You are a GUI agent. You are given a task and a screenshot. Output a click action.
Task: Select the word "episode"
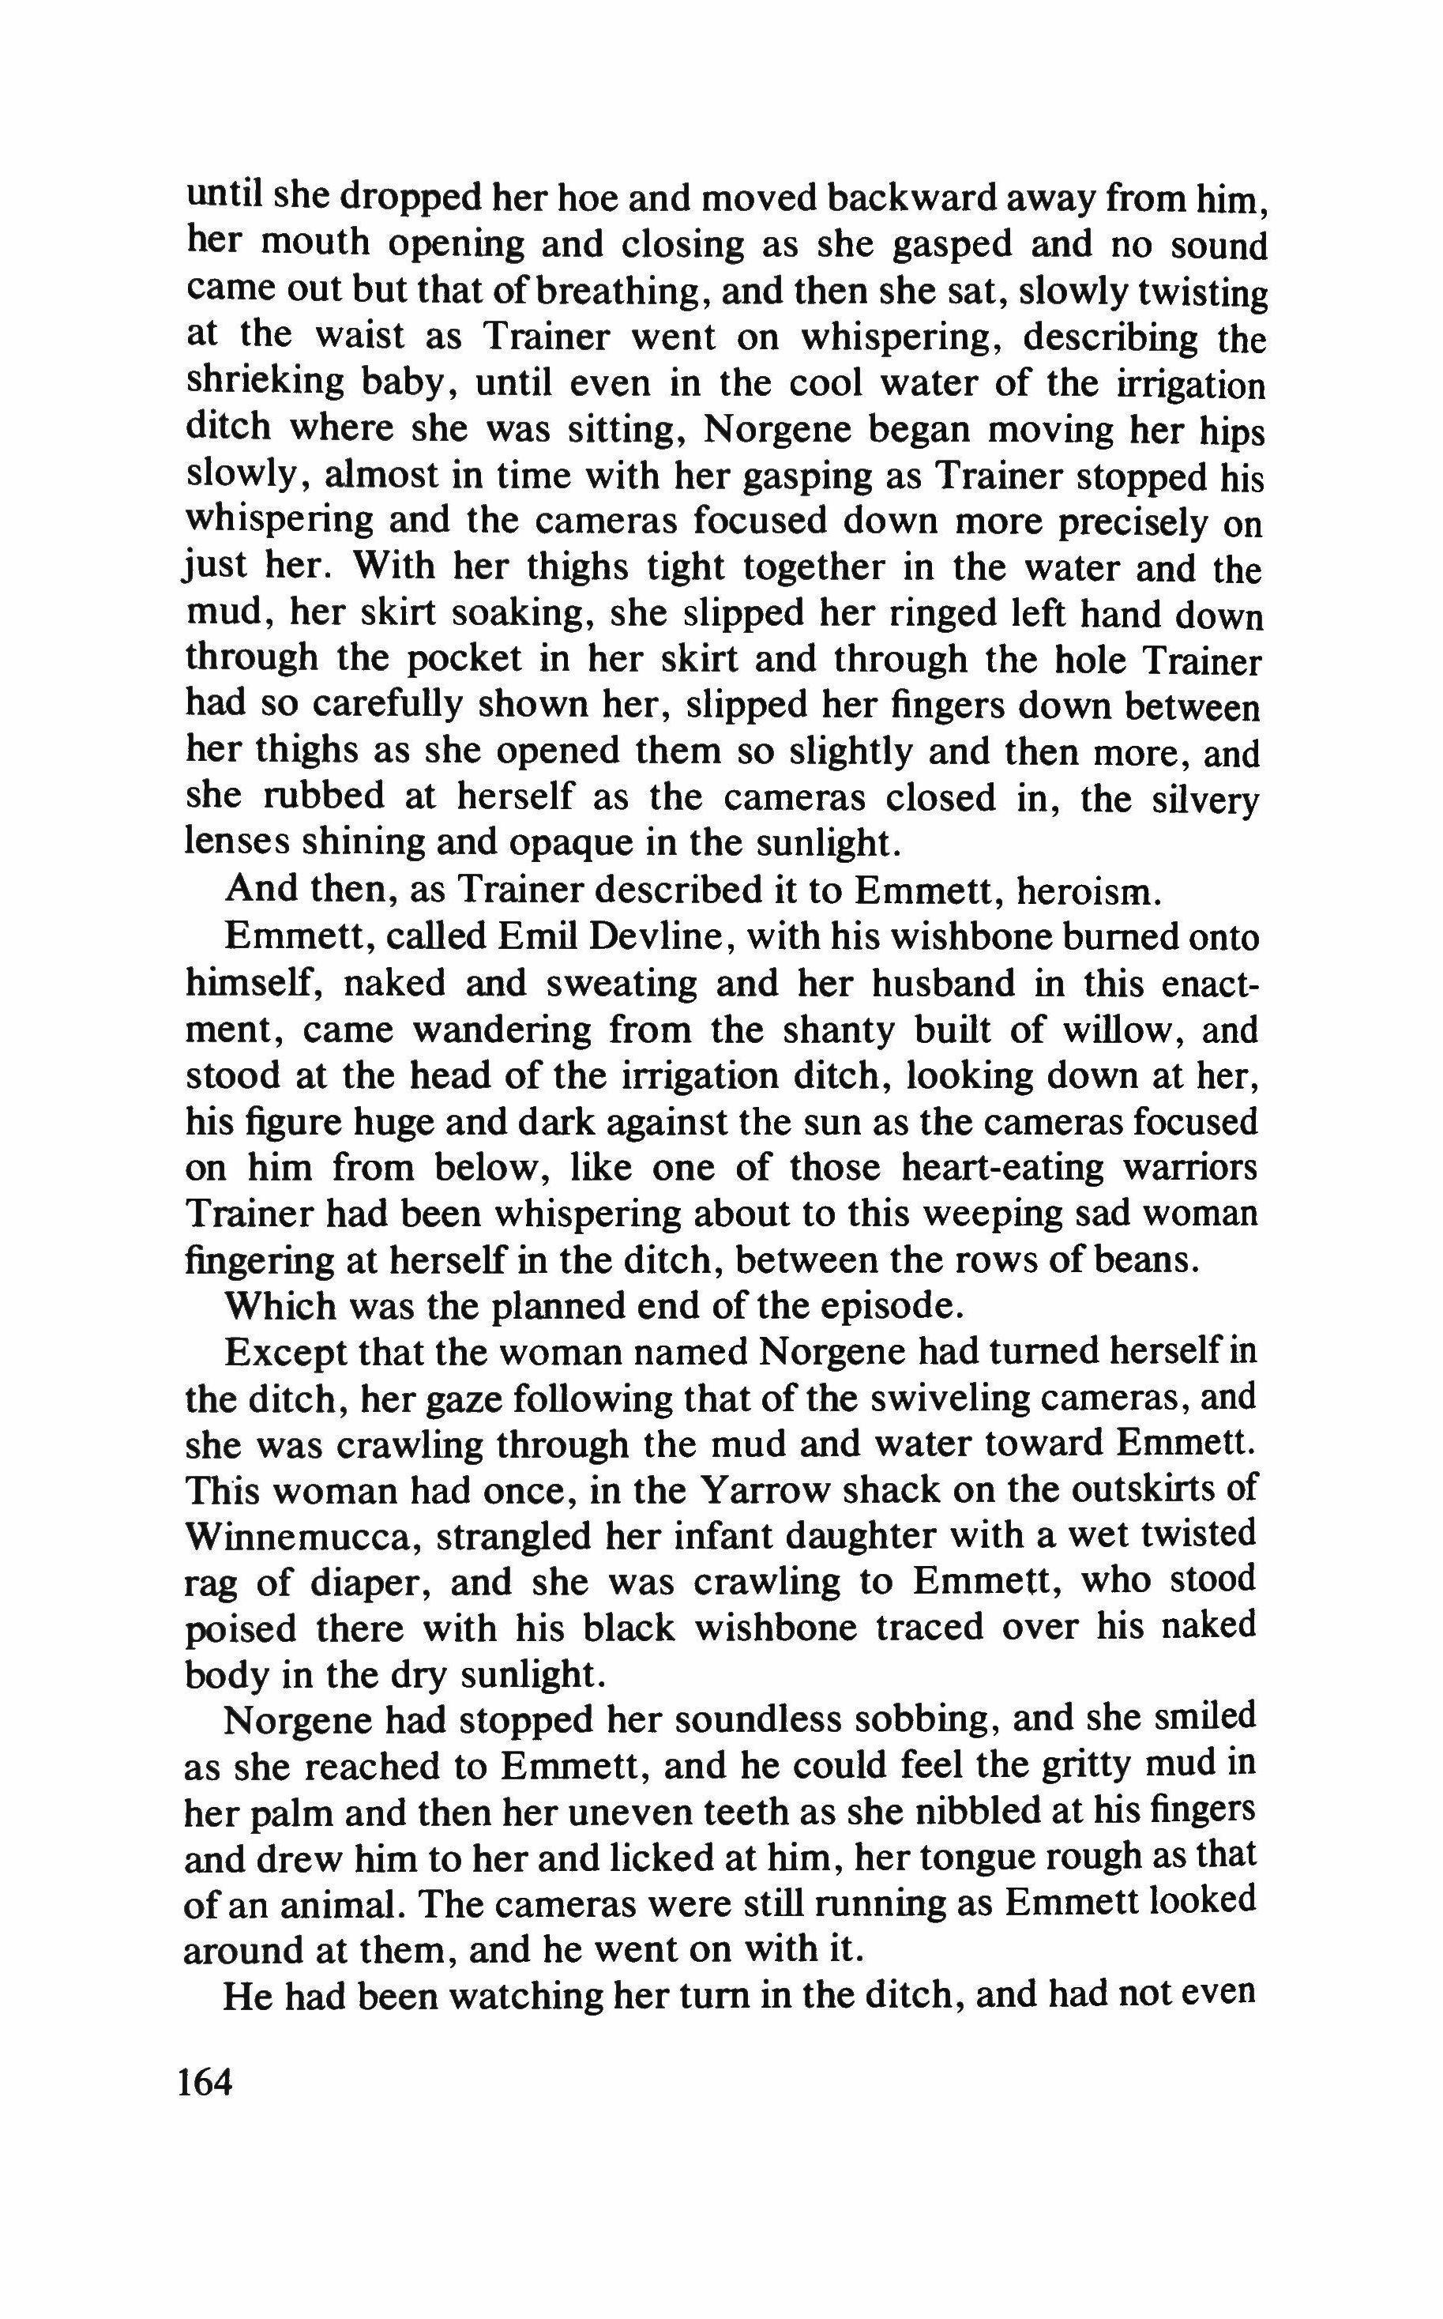877,1306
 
